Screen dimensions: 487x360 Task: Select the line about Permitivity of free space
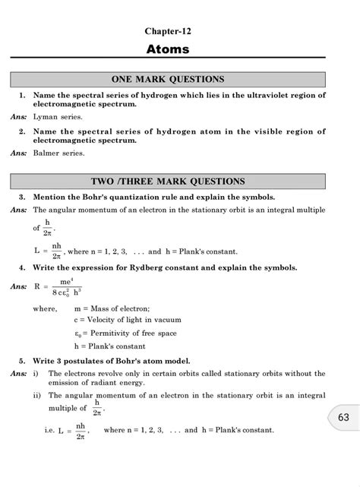(121, 333)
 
